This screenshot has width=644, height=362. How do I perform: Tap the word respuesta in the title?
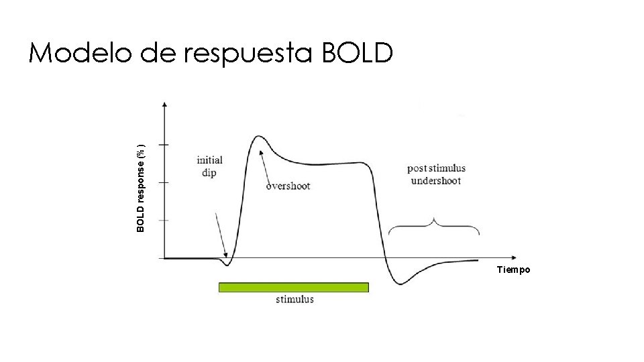[246, 54]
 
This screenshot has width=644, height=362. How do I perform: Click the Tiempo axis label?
[513, 269]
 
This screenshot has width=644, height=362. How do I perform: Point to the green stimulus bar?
[294, 287]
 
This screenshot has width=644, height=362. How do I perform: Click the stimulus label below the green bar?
[294, 300]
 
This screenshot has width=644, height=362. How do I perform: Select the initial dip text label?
[209, 166]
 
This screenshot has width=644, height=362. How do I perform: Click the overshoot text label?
[288, 186]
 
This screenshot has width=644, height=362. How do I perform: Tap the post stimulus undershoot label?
[436, 174]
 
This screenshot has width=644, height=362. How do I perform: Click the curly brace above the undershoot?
[434, 226]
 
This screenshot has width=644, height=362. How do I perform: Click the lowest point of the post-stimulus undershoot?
[400, 284]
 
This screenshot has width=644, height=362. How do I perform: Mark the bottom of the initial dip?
[227, 265]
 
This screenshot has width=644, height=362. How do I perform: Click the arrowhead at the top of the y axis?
[165, 105]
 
